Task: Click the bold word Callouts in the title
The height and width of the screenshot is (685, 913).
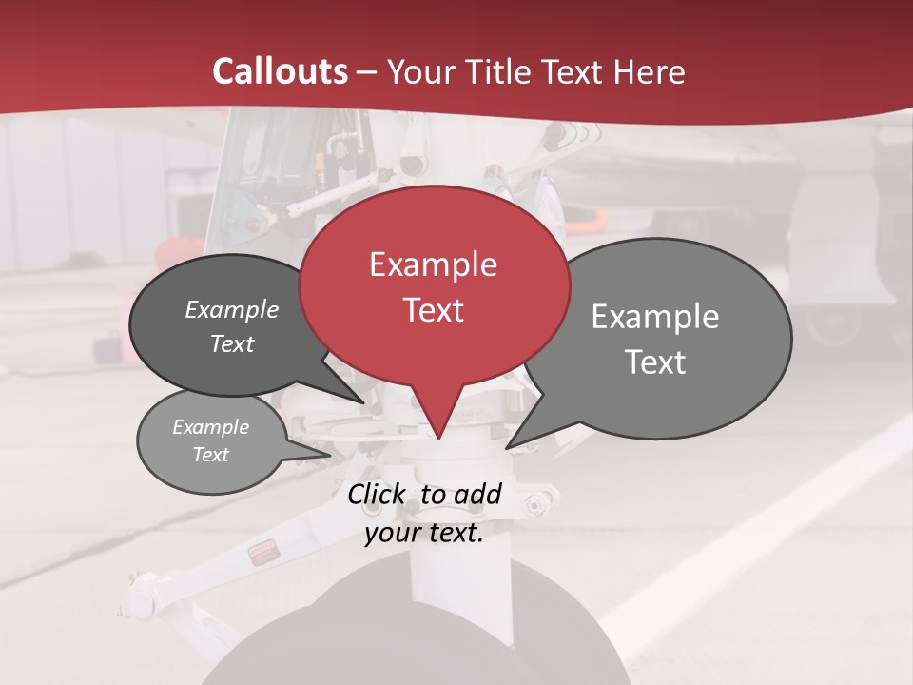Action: tap(280, 71)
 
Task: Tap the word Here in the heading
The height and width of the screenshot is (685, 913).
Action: tap(650, 71)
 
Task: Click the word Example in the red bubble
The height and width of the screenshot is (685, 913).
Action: tap(433, 264)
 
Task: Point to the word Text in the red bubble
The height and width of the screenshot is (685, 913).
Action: tap(433, 310)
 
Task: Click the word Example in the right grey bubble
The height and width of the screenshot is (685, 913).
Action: tap(654, 317)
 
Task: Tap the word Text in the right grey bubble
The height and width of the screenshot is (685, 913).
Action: tap(654, 362)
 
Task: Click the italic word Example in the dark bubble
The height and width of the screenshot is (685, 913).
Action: tap(231, 309)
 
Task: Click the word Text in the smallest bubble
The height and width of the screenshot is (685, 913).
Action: tap(210, 455)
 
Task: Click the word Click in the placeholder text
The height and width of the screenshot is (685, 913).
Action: tap(378, 494)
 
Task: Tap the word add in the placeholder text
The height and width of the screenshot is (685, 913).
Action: tap(477, 494)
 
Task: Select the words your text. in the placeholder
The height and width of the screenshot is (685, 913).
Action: tap(423, 533)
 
